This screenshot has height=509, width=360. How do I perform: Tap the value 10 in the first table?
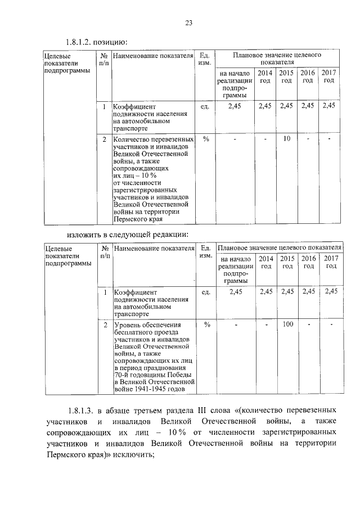[x=286, y=138]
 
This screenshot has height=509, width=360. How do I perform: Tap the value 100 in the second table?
[x=287, y=324]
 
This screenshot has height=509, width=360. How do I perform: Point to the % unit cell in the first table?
[x=205, y=138]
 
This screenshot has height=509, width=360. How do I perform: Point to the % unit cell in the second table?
[x=206, y=324]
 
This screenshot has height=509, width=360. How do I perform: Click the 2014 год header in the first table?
[x=265, y=77]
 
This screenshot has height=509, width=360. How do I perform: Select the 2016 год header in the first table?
[x=307, y=77]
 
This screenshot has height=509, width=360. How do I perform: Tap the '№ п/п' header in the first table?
[x=104, y=60]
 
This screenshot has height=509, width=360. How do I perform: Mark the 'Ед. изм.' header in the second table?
[x=206, y=251]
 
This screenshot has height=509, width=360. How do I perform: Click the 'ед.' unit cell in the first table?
[x=205, y=106]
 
